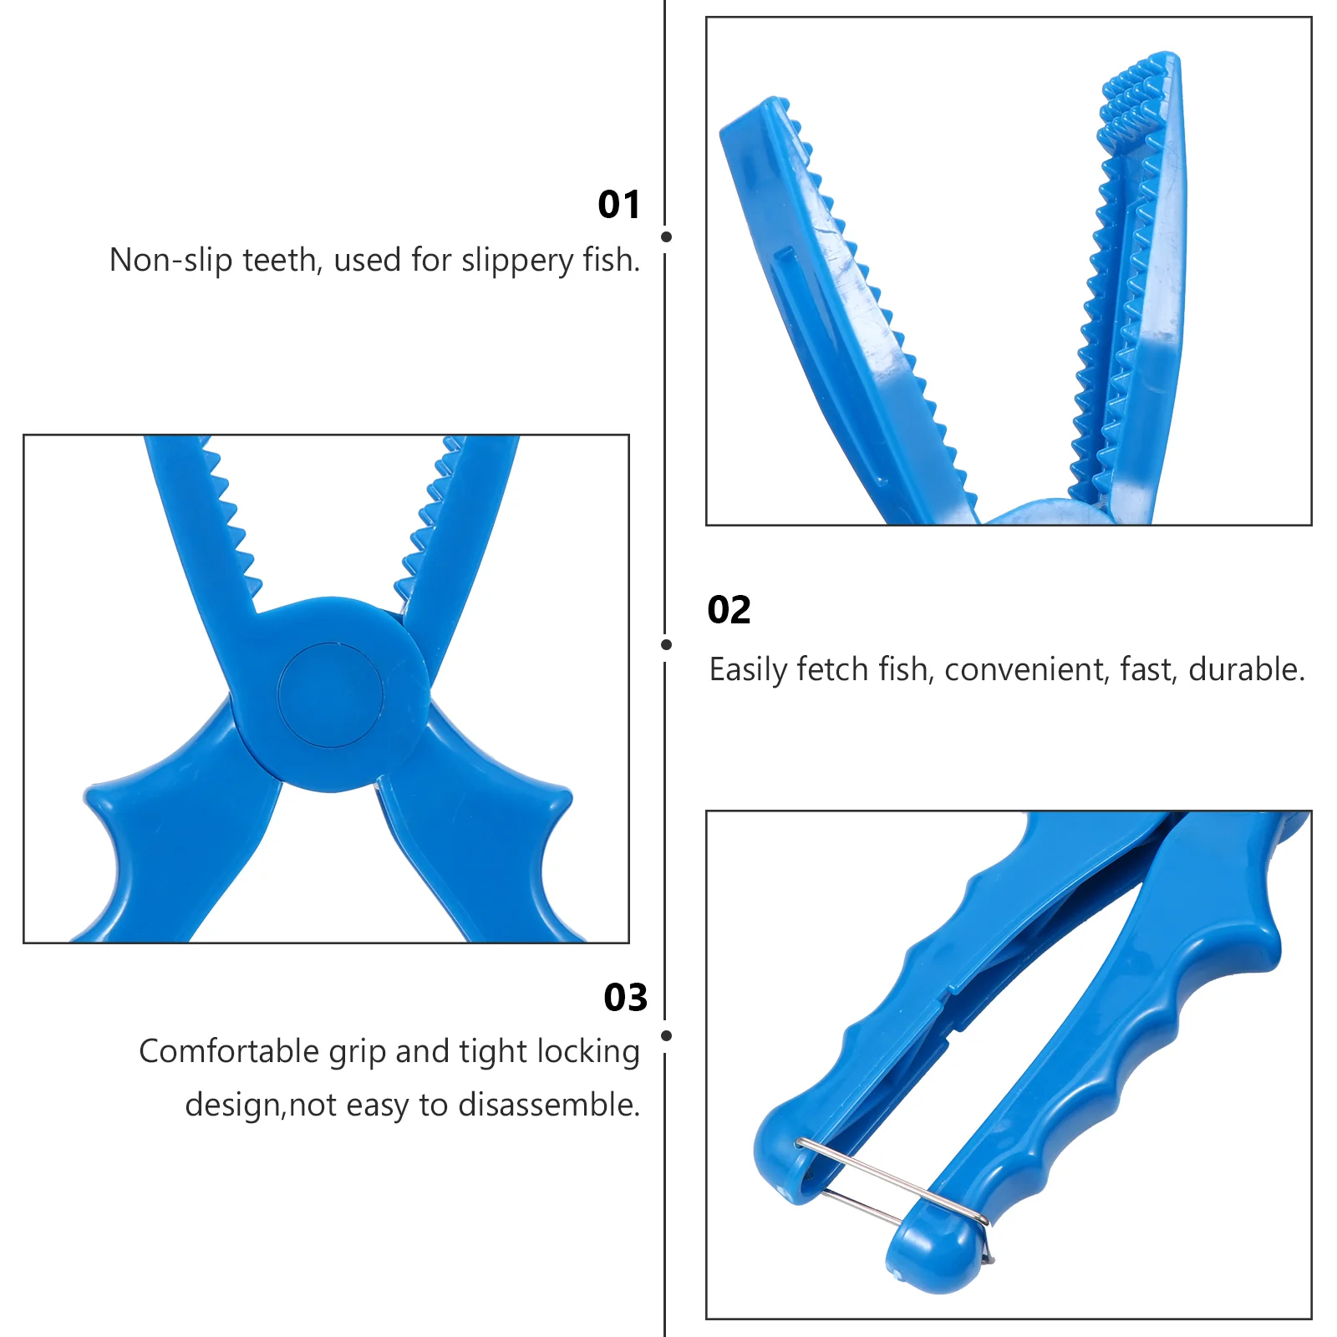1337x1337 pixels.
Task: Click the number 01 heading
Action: pos(619,205)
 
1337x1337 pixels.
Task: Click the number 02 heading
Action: pos(730,610)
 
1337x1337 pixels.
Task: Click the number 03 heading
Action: pos(626,998)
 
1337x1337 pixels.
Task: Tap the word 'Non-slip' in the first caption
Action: pos(171,261)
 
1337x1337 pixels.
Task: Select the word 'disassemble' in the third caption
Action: pos(548,1106)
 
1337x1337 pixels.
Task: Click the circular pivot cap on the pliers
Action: pos(331,695)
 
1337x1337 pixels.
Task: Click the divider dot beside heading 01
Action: pos(666,237)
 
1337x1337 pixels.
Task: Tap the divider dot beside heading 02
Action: pos(666,644)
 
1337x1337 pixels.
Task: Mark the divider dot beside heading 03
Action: pos(666,1035)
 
